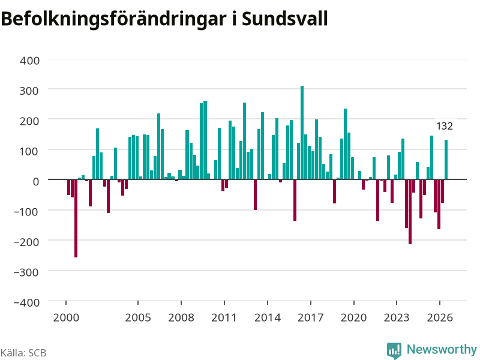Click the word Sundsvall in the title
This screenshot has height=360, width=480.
coord(284,19)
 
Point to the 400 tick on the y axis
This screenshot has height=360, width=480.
coord(29,61)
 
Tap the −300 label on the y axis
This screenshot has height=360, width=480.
coord(26,272)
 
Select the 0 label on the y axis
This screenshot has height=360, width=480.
coord(36,181)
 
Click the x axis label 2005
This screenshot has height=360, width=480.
coord(138,317)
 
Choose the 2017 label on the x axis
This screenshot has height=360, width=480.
coord(310,317)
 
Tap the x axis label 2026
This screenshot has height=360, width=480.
coord(440,317)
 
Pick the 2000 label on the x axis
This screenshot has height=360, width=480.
coord(66,317)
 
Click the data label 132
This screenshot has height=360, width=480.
coord(445,126)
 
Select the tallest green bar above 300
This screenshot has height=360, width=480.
coord(302,133)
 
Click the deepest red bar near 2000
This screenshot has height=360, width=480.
coord(76,218)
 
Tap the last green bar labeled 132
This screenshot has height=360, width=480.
coord(446,160)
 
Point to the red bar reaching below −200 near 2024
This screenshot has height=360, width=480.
coord(410,212)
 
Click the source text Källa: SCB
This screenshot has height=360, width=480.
coord(23,353)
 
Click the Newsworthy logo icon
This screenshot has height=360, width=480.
coord(394,350)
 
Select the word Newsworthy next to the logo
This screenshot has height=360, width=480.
coord(442,349)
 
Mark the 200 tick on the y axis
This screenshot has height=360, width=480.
coord(29,121)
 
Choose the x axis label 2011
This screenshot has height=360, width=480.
coord(224,317)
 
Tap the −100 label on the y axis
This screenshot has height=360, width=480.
coord(26,212)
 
